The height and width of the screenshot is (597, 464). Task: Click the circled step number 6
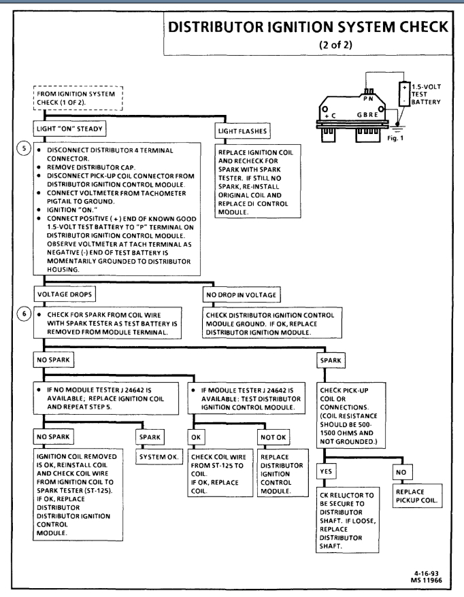[27, 301]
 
